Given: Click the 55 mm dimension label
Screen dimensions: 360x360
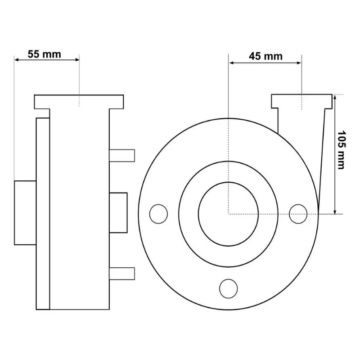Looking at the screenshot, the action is [x=44, y=54].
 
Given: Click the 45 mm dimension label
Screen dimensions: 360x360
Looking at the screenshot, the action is [x=265, y=57].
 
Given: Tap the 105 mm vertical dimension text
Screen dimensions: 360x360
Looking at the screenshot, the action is [x=341, y=150].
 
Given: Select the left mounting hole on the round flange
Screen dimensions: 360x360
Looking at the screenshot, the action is [x=158, y=214].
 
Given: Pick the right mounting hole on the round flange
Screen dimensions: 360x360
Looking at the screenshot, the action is [x=298, y=214].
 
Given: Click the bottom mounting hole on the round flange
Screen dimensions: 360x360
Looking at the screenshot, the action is [x=229, y=288].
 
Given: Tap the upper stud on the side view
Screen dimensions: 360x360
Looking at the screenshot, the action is [x=122, y=156].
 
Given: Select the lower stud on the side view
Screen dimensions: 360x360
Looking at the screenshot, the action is [x=122, y=274].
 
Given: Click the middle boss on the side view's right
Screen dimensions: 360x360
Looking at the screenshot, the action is [x=118, y=213].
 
